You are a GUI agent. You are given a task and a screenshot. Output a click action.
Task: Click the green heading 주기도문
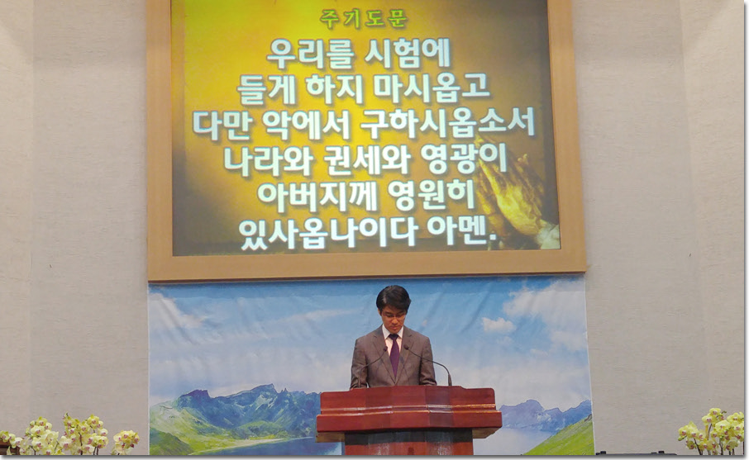pos(364,19)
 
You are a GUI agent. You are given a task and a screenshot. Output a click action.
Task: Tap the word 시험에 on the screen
pos(407,54)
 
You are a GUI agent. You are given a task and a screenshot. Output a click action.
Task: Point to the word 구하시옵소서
pos(447,124)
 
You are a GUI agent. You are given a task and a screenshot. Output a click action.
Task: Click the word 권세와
pos(366,160)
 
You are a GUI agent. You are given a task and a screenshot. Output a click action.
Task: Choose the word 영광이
pos(463,160)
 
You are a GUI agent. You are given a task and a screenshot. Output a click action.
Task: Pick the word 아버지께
pos(317,196)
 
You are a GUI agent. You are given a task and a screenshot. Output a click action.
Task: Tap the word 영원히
pos(431,196)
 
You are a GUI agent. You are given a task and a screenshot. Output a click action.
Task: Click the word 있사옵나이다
pos(327,232)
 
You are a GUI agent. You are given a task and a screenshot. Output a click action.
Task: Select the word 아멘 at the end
pos(461,232)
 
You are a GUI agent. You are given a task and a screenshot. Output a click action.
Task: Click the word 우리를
pos(310,54)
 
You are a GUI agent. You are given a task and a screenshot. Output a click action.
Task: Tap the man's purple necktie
pos(394,354)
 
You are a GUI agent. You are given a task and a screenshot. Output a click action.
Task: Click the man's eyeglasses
pos(393,314)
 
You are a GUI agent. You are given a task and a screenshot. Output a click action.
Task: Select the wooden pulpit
pos(409,420)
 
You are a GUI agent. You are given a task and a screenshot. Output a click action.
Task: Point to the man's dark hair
pos(394,296)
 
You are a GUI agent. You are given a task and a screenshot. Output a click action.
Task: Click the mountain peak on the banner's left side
pos(201,393)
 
